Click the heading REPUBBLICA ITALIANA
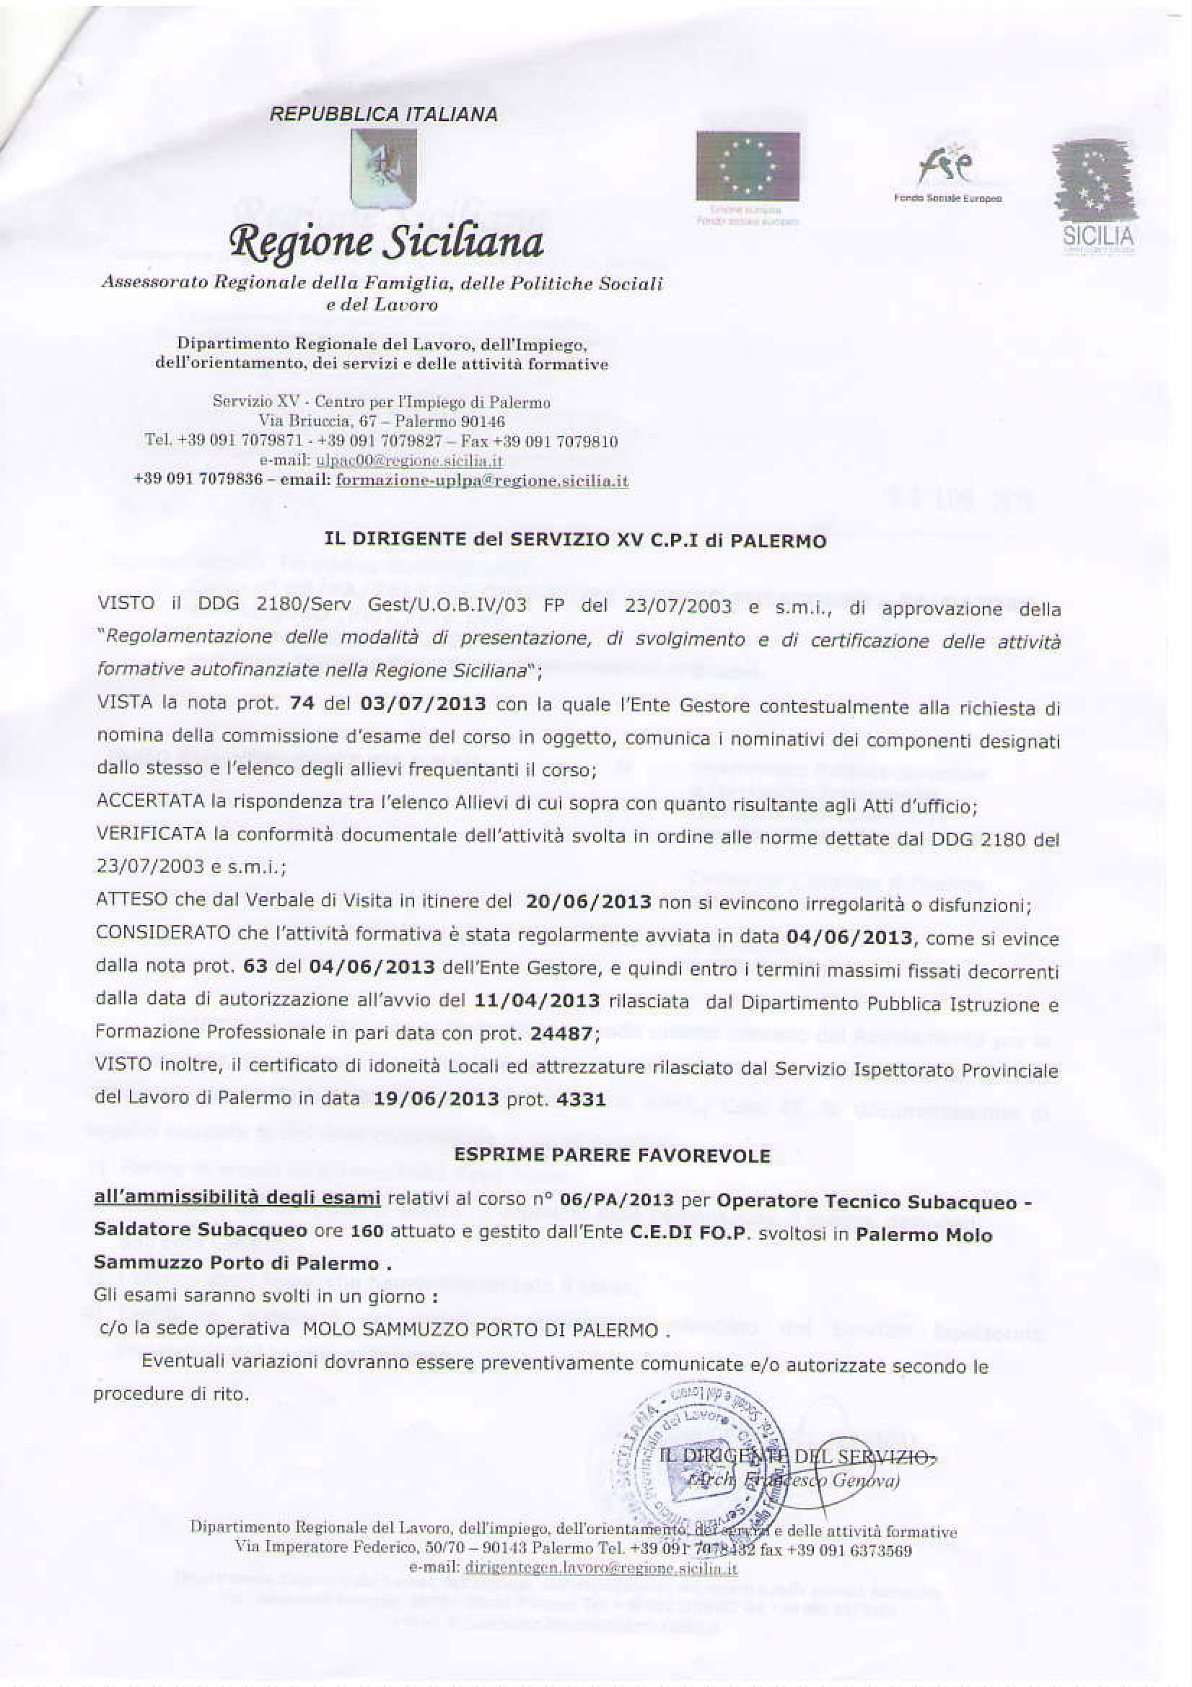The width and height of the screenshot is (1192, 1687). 384,115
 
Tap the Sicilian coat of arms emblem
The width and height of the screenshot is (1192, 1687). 384,168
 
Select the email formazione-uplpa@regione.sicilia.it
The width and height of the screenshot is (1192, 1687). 482,481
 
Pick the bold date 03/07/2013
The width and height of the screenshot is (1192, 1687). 424,704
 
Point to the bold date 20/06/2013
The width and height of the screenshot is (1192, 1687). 589,901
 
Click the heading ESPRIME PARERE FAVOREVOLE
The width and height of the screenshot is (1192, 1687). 612,1156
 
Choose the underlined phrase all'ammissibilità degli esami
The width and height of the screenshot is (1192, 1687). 237,1199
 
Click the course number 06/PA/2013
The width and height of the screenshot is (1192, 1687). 617,1200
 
